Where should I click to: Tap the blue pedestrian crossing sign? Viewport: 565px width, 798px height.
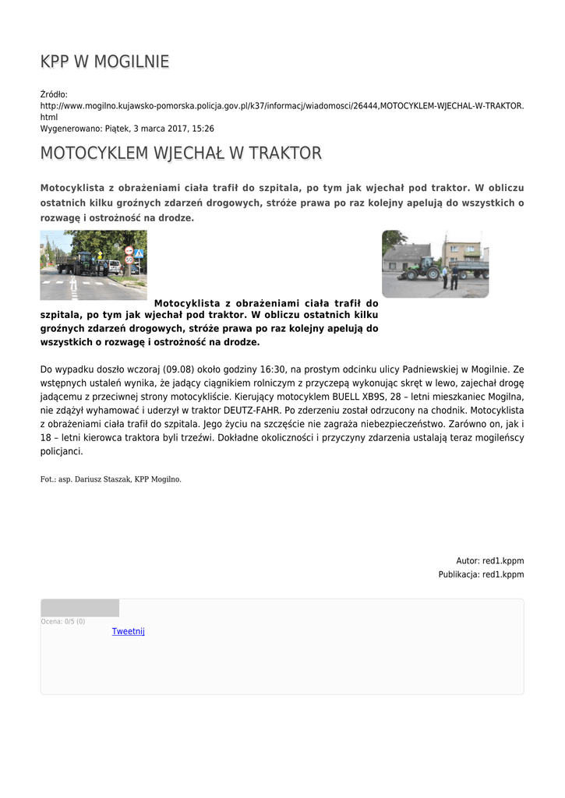tap(139, 254)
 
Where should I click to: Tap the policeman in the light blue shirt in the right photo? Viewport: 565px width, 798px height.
tap(446, 277)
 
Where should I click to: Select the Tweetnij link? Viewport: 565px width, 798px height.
tap(129, 631)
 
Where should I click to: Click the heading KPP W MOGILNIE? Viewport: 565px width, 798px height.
tap(104, 62)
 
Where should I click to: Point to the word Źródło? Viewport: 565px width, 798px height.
tap(54, 94)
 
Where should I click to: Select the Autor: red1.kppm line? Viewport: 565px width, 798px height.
tap(489, 560)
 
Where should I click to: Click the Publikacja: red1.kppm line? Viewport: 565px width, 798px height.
tap(481, 574)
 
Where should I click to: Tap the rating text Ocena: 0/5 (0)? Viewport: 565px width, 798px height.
tap(63, 621)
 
